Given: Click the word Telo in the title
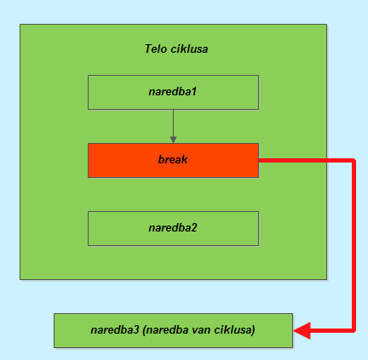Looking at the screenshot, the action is (x=156, y=49).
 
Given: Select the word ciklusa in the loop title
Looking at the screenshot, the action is (x=189, y=49).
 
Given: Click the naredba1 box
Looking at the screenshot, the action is (x=173, y=92).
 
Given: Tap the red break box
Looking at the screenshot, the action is (x=173, y=160).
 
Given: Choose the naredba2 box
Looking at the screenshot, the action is (x=173, y=228).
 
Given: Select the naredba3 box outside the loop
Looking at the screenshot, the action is (x=173, y=330).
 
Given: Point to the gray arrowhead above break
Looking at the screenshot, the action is (x=173, y=140).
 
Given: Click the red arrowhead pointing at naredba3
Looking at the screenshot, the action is (x=302, y=330).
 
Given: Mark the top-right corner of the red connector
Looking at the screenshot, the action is (x=354, y=161).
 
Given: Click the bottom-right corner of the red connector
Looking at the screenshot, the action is (x=354, y=330).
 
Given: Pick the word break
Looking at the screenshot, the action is (x=173, y=160).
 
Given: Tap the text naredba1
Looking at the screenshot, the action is (x=173, y=92).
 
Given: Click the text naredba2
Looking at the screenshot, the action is (x=173, y=228).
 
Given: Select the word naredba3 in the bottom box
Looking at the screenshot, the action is (x=115, y=330).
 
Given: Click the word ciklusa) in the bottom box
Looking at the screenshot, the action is (x=234, y=330).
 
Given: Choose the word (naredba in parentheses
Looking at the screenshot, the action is (x=166, y=330).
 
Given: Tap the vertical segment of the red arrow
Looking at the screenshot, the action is (x=354, y=245).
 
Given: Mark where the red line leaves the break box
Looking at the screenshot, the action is (x=259, y=161).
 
